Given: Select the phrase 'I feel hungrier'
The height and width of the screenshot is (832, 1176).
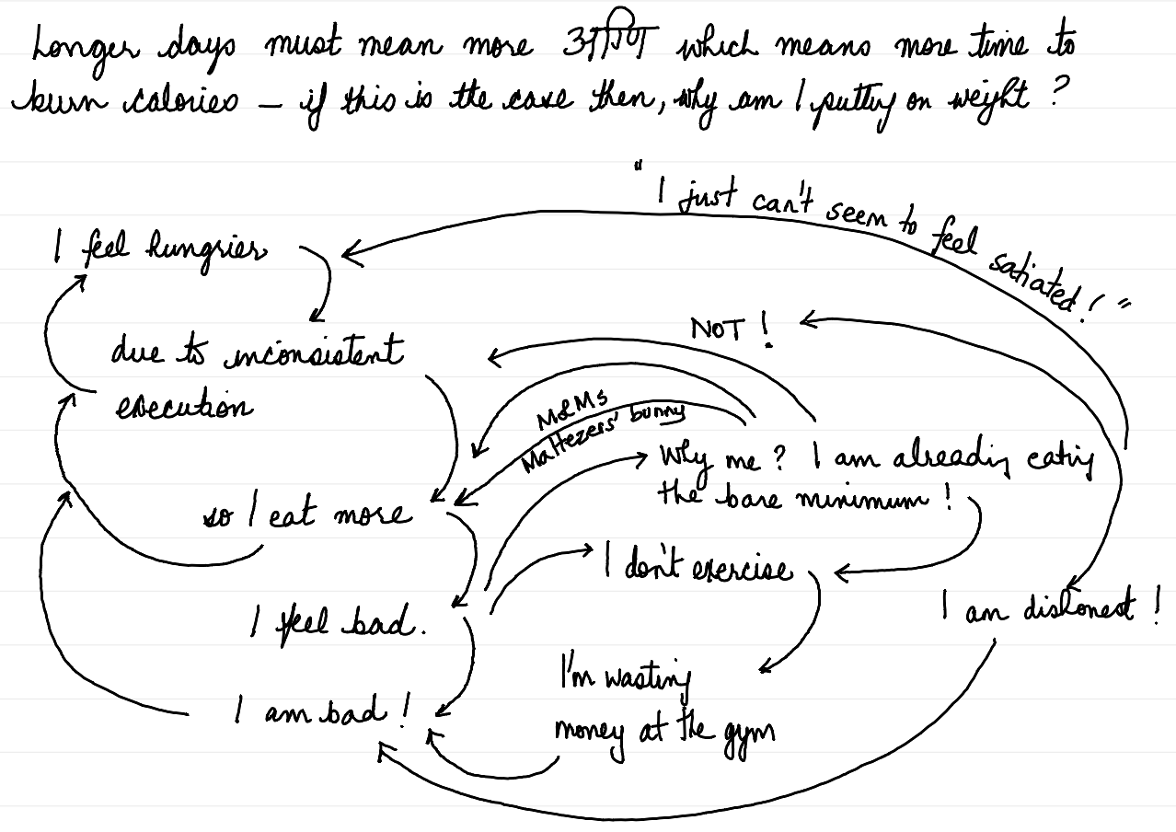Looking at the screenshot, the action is (x=161, y=249).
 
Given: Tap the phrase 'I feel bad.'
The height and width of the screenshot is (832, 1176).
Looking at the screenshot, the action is (x=340, y=626).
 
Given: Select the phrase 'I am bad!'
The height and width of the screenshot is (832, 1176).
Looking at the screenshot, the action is (x=322, y=711).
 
